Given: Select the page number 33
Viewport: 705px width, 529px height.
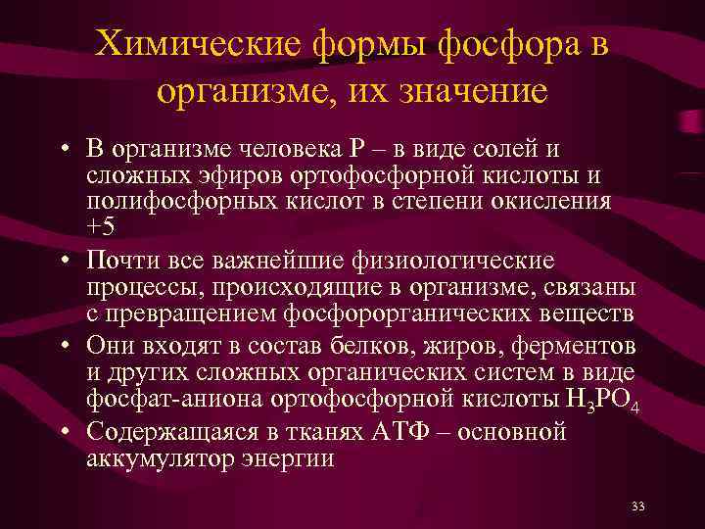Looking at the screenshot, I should pyautogui.click(x=638, y=506).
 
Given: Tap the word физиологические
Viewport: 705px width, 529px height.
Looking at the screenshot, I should pyautogui.click(x=449, y=262).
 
